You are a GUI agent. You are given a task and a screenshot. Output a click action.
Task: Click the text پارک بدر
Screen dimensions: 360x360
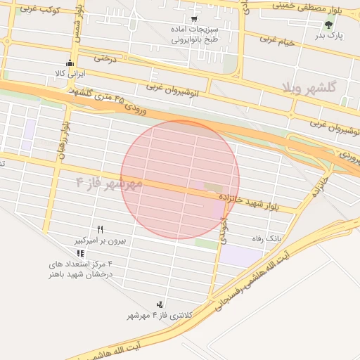[328, 35]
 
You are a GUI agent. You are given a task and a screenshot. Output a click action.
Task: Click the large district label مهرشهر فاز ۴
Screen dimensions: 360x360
[109, 184]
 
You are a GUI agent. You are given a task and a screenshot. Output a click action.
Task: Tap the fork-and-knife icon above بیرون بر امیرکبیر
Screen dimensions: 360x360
[101, 229]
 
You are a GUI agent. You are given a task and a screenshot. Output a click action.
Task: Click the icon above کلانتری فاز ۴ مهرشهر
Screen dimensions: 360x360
[161, 304]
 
